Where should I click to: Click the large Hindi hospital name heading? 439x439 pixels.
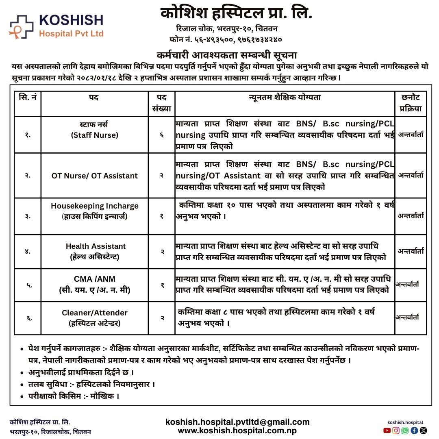click(237, 13)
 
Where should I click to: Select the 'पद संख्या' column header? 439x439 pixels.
click(162, 103)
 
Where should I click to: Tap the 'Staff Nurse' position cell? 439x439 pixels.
click(94, 130)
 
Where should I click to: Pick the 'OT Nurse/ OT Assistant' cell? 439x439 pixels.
click(95, 176)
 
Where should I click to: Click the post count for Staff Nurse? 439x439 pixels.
click(162, 135)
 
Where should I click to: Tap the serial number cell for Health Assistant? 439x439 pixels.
click(28, 251)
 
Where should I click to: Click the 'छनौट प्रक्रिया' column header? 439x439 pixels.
click(410, 103)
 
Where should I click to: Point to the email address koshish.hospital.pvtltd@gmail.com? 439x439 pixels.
click(237, 422)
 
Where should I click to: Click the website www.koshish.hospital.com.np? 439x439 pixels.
click(237, 430)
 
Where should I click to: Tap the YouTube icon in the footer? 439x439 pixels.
click(386, 430)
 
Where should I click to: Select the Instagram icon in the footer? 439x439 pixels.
click(396, 430)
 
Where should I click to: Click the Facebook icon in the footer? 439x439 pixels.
click(414, 430)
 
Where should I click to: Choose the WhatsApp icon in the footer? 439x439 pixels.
click(405, 430)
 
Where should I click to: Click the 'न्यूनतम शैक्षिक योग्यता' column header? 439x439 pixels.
click(285, 98)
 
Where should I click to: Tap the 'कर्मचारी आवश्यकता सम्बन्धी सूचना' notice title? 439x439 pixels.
click(227, 55)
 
